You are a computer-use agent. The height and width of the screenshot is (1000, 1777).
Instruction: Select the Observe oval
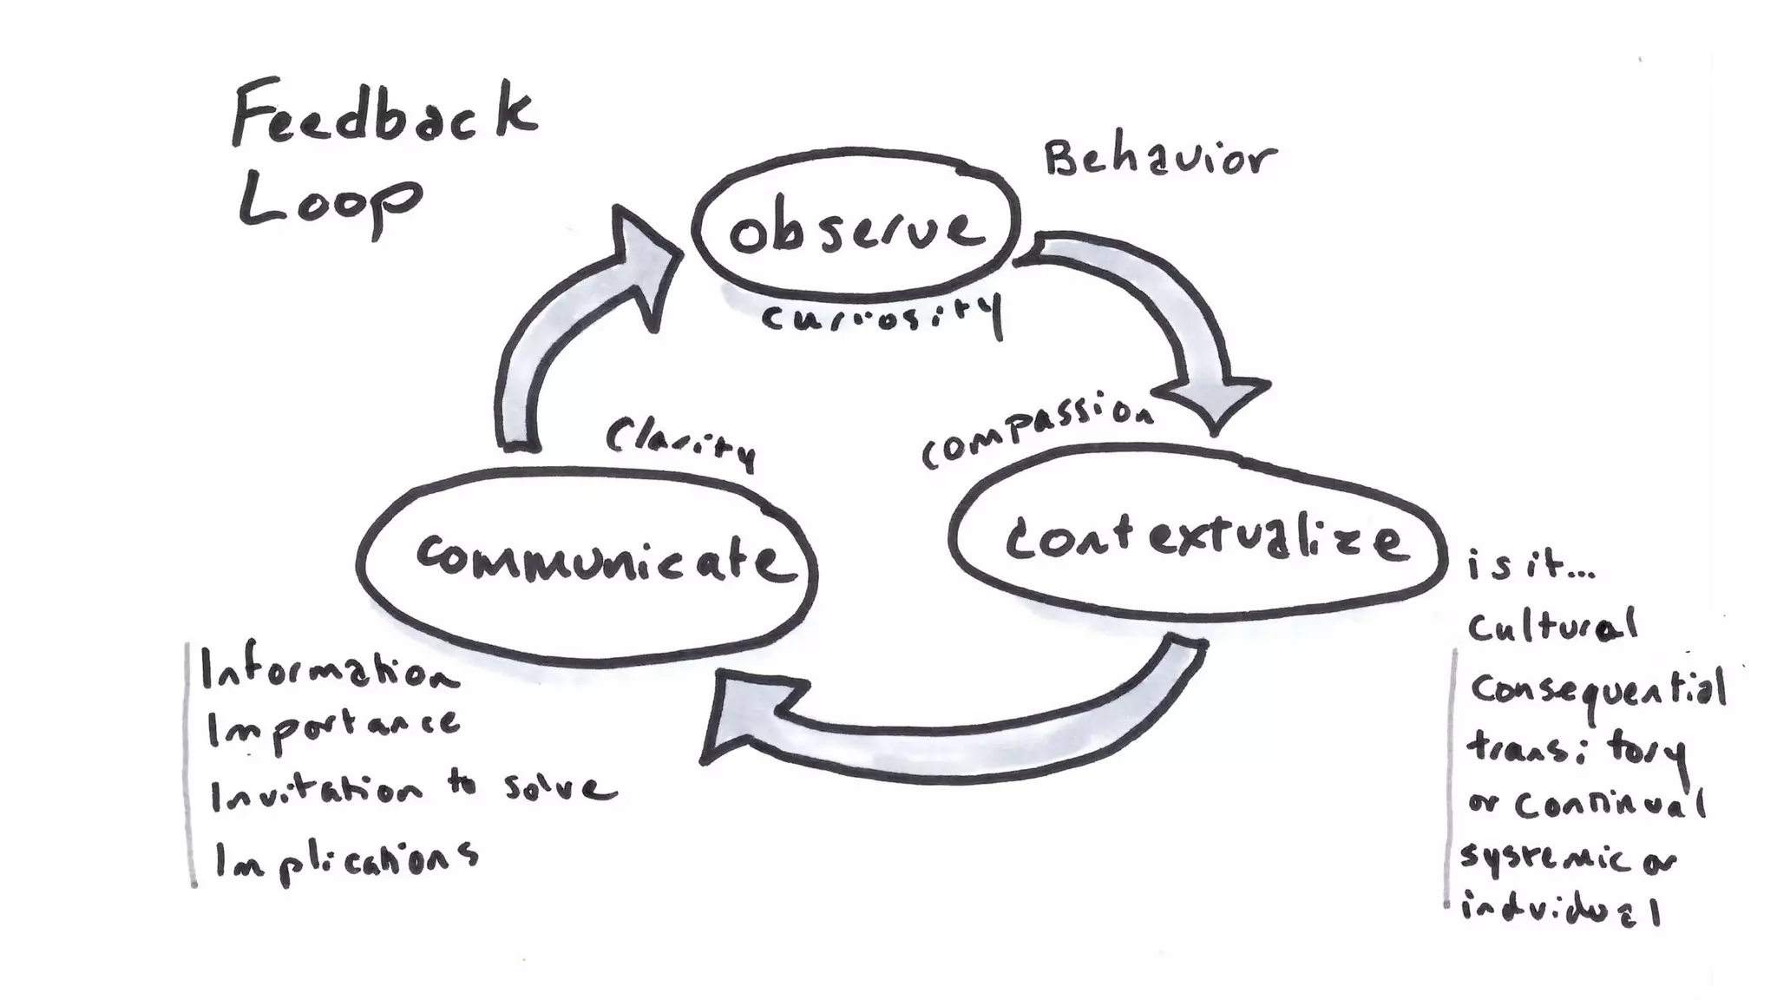click(856, 229)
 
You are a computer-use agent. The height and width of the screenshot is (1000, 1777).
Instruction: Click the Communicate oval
click(588, 560)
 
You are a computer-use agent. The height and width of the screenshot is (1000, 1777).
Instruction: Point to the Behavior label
click(1160, 160)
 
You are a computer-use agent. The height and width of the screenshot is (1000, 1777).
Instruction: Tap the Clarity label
click(681, 442)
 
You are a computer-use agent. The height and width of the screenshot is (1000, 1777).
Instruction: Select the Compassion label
click(1038, 431)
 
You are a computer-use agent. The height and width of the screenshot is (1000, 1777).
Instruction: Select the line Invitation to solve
click(413, 790)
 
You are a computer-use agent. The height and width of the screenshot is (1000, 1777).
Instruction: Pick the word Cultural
click(1551, 626)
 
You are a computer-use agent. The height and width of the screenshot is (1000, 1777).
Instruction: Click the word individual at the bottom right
click(1560, 911)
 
